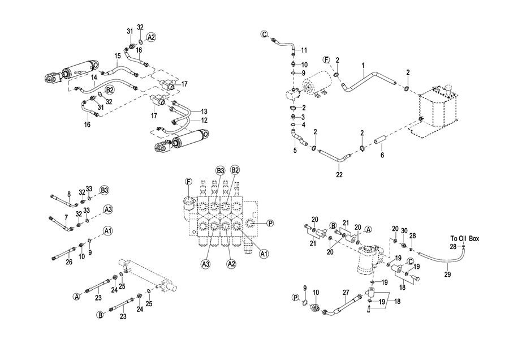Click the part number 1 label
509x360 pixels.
(363, 66)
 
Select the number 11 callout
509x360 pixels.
(304, 51)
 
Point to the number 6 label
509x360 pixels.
(382, 155)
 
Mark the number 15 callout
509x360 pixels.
(118, 56)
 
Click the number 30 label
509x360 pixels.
(404, 230)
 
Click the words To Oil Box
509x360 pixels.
(464, 238)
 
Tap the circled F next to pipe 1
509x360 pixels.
(326, 59)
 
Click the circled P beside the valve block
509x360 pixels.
(270, 223)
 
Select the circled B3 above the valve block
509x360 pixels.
(220, 170)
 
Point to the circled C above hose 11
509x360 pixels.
(264, 35)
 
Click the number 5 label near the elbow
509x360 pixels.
(295, 150)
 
